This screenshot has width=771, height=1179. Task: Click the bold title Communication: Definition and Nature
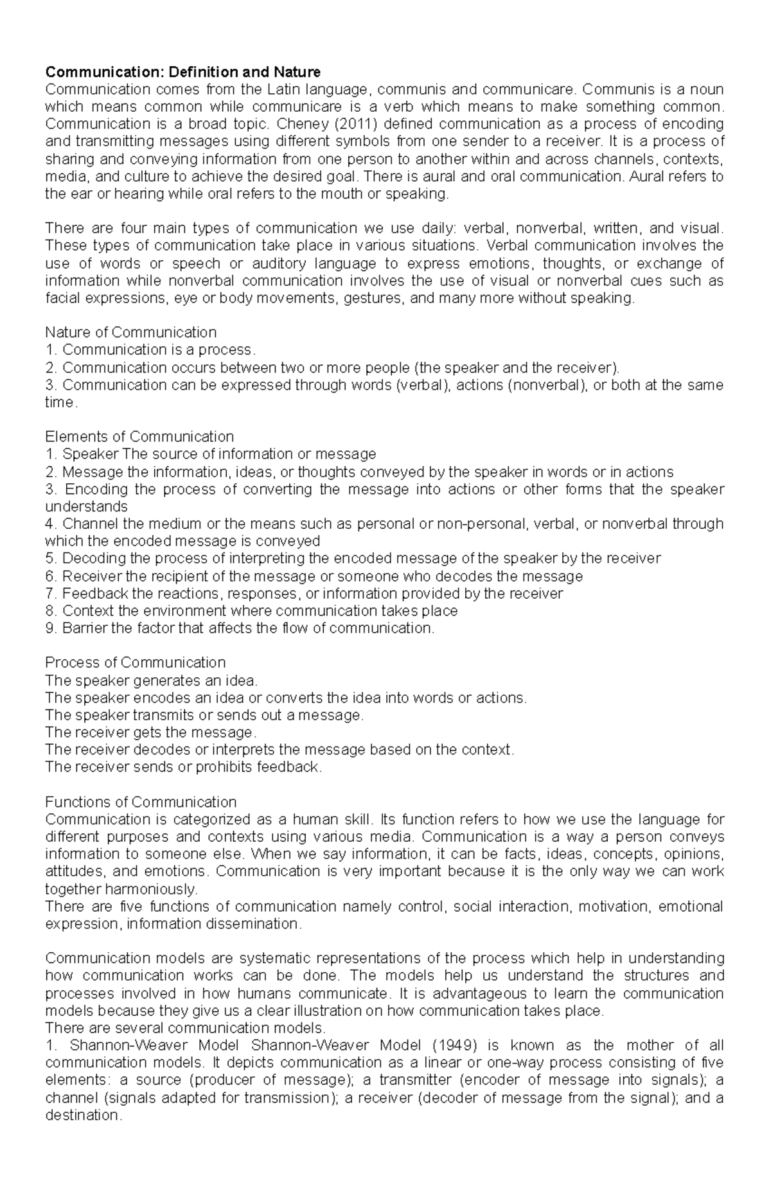point(182,71)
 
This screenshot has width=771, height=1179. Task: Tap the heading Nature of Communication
point(130,332)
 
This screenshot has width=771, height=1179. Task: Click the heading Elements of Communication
point(139,437)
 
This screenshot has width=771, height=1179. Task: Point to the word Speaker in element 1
point(90,454)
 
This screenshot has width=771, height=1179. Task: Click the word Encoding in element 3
point(91,489)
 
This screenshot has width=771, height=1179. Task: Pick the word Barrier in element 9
point(85,628)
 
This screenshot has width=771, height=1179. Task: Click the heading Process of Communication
point(136,662)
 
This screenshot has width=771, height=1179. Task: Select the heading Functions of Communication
point(141,802)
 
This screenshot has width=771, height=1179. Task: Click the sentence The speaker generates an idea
point(152,680)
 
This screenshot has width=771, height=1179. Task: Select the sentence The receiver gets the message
point(151,732)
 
